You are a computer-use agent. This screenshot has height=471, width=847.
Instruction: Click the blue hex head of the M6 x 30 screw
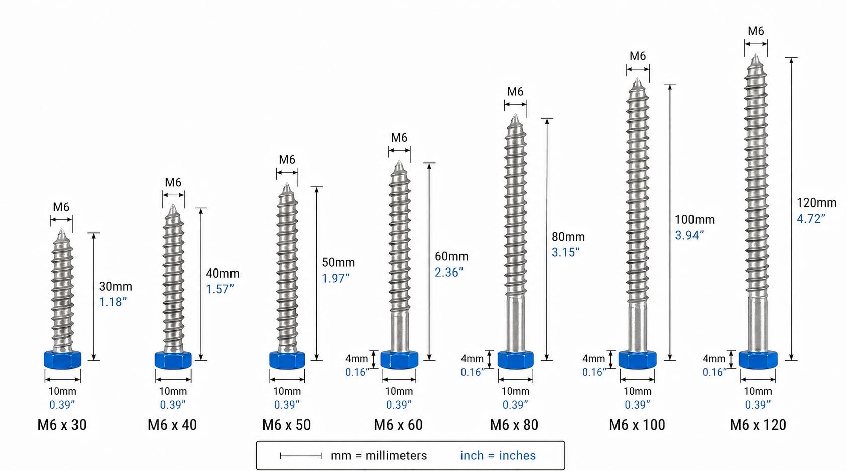click(62, 360)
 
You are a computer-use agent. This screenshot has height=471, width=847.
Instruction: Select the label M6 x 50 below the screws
click(286, 425)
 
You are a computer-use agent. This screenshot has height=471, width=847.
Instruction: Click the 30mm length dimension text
click(116, 286)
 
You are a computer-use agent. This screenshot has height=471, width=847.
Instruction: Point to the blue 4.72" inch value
click(811, 219)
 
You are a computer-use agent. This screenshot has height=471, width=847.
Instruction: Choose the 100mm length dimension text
click(695, 219)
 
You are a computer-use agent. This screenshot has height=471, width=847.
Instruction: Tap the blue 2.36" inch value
click(448, 272)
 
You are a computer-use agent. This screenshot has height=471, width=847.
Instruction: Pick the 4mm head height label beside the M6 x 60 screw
click(356, 358)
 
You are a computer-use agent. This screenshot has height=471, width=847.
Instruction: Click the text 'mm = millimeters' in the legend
click(378, 455)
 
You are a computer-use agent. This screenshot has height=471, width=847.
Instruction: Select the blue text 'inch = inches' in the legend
click(498, 455)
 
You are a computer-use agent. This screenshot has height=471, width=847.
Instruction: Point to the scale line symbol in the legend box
click(300, 456)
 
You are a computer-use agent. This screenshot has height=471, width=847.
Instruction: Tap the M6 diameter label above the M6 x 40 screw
click(173, 182)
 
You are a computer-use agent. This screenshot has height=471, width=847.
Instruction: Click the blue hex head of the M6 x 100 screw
click(637, 360)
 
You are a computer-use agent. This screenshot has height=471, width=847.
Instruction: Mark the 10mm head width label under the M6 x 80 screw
click(515, 391)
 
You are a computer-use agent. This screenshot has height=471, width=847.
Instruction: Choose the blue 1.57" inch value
click(220, 289)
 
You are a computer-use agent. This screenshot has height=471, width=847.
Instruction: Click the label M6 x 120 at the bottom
click(758, 425)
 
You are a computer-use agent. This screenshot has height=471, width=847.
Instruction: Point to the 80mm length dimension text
click(568, 237)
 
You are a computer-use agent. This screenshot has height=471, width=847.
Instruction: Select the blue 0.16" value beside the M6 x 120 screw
click(714, 372)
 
